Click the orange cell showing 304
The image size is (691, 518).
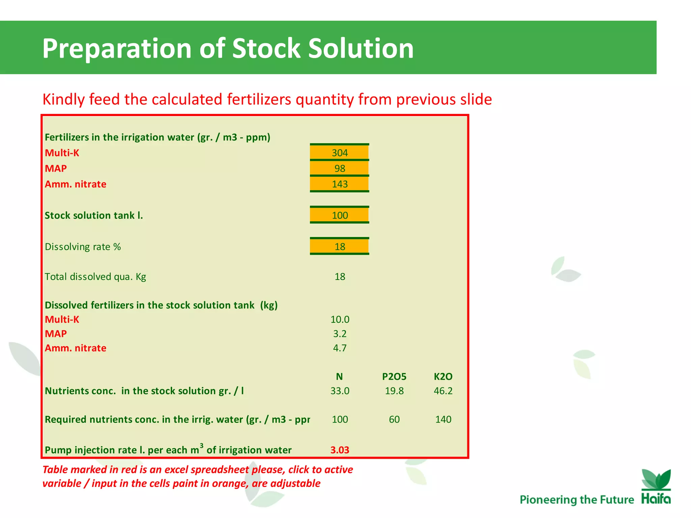[x=339, y=153]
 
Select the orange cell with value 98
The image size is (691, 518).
[x=339, y=168]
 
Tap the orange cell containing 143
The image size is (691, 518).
[x=339, y=184]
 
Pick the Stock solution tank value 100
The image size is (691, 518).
[x=339, y=215]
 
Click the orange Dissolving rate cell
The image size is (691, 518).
[x=339, y=247]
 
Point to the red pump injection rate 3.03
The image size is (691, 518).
[x=339, y=450]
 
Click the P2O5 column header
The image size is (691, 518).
[x=394, y=376]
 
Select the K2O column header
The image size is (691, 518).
[x=443, y=376]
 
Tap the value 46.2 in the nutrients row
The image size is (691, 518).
[x=443, y=391]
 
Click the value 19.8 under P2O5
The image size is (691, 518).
[x=394, y=391]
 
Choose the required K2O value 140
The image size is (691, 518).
[x=443, y=419]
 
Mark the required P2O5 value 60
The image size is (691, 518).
[x=394, y=419]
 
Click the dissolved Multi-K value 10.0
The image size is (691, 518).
[x=339, y=319]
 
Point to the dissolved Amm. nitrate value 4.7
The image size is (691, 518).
[x=339, y=348]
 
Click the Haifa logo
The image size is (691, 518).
[x=656, y=487]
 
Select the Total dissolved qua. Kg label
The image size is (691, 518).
[x=95, y=277]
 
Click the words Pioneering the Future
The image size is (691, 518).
[x=577, y=499]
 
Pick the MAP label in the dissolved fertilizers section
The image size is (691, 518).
[x=56, y=334]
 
